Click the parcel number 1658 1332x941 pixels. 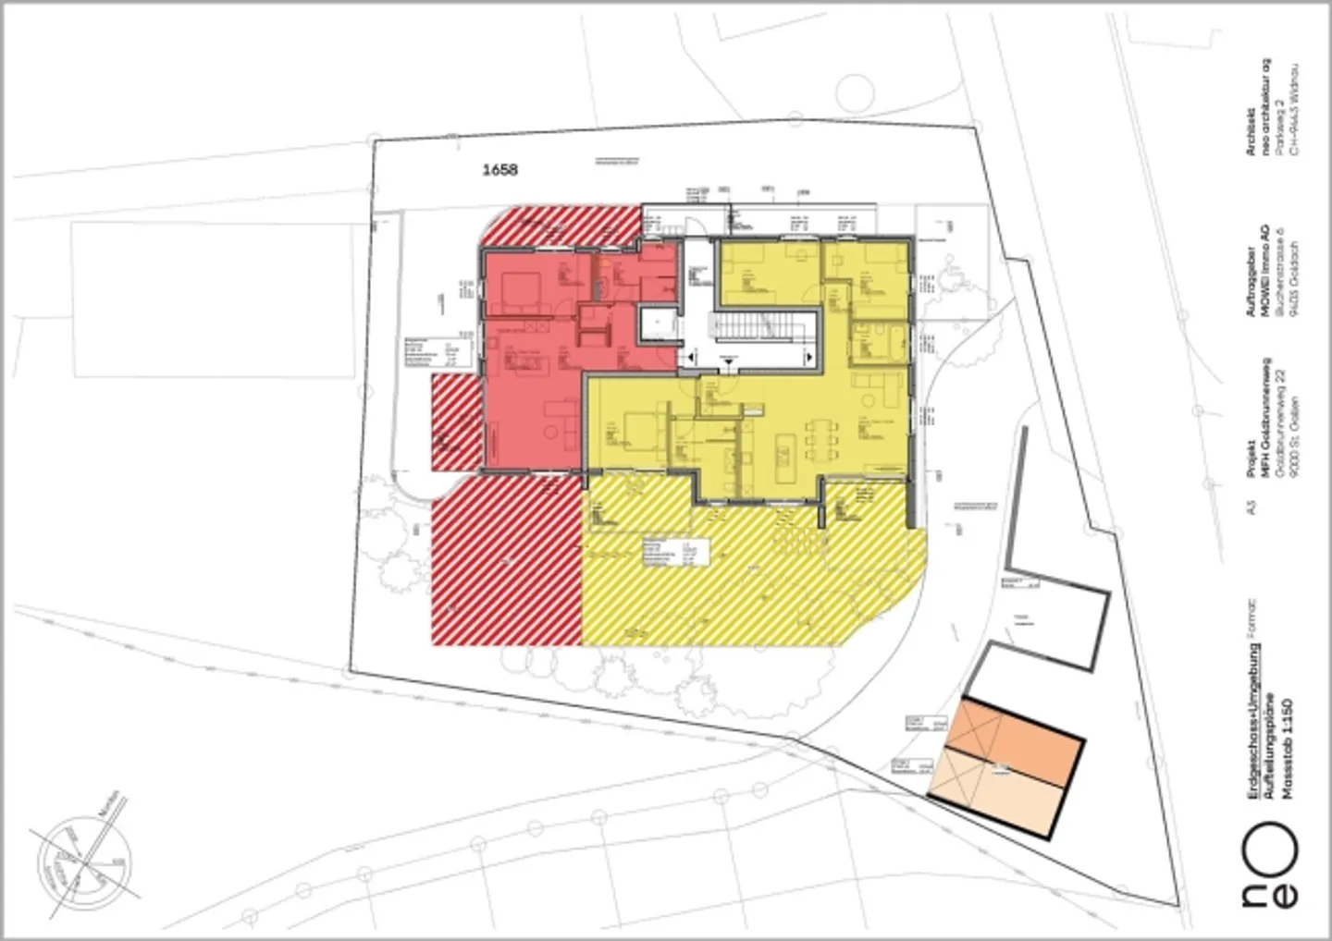click(499, 169)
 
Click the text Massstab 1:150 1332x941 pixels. click(1289, 749)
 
